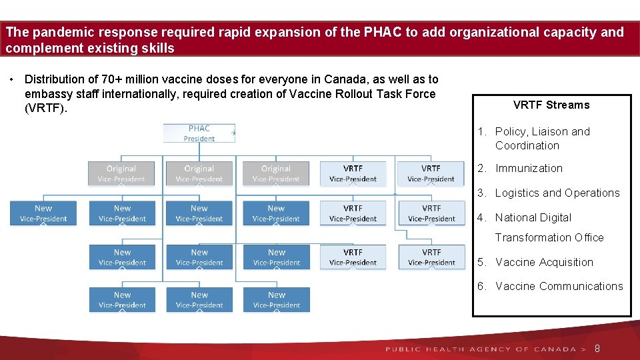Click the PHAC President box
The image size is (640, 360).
point(199,133)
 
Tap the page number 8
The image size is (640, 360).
point(597,349)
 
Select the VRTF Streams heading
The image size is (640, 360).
point(551,105)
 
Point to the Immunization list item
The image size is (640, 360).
point(529,169)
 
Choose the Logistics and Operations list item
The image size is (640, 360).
point(557,193)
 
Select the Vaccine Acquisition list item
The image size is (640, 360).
point(544,262)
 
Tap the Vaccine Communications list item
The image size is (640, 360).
point(559,287)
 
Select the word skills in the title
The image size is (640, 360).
point(158,48)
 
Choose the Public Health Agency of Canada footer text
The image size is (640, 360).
point(480,349)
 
